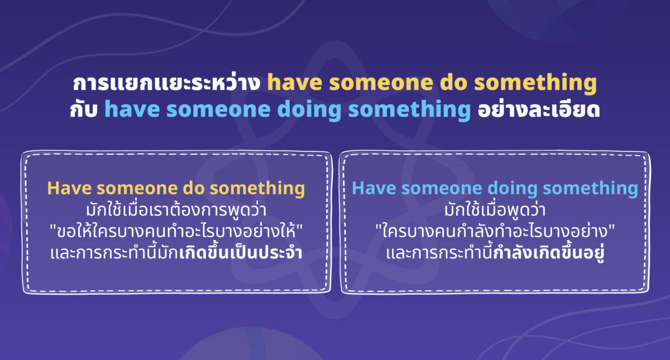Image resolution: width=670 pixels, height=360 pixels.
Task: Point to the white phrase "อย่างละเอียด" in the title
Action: point(538,109)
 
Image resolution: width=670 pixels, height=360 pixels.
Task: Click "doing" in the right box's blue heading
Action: point(511,188)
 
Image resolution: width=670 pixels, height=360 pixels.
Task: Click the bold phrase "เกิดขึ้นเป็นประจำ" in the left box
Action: point(241,253)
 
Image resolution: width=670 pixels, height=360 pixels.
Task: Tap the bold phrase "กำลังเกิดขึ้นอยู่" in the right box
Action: point(551,253)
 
